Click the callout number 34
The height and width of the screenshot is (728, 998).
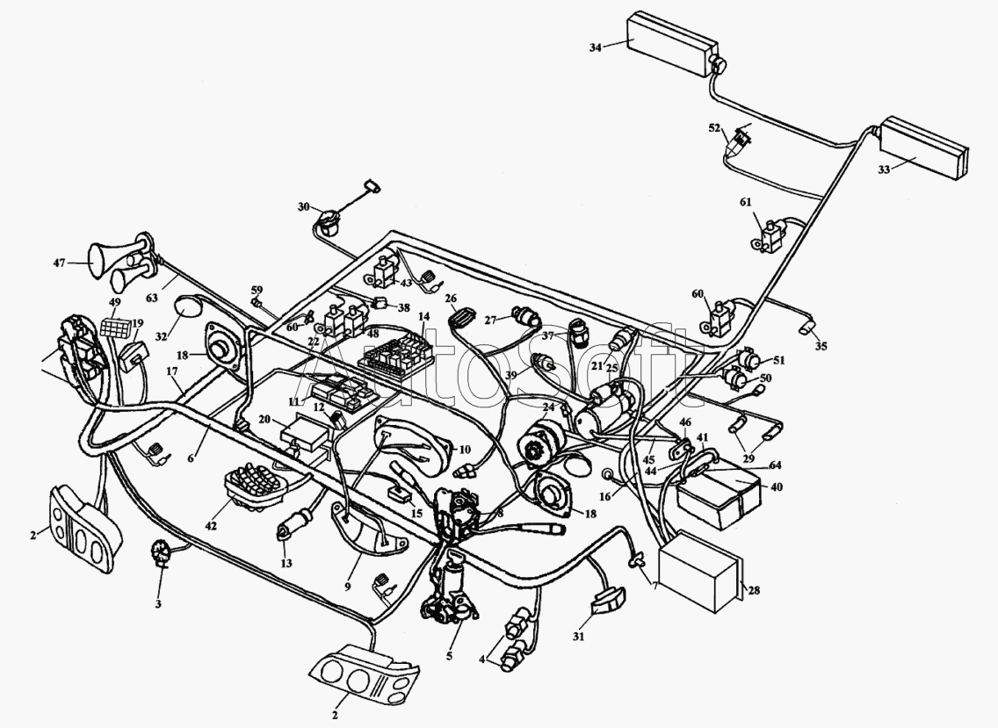595,47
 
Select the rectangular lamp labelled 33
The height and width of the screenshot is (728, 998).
923,147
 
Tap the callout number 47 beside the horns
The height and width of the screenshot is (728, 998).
59,263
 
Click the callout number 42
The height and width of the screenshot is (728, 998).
211,526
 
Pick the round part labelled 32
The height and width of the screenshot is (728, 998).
187,309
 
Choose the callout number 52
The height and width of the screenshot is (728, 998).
714,128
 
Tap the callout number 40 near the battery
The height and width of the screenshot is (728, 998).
777,487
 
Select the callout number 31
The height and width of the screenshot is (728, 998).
578,637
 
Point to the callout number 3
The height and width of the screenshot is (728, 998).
159,604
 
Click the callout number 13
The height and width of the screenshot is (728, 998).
286,563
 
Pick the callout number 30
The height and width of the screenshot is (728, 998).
304,207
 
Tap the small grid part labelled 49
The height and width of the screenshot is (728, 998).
117,328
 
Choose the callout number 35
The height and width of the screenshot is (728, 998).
821,346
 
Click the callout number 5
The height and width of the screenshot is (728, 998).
449,655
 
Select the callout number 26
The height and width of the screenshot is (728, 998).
451,298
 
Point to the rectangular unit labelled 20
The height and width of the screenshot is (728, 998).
306,433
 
